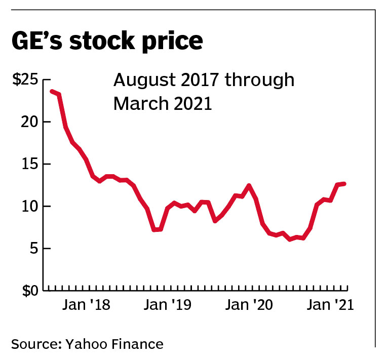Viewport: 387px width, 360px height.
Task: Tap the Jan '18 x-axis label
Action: pyautogui.click(x=88, y=306)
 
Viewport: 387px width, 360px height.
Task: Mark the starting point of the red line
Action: pyautogui.click(x=52, y=91)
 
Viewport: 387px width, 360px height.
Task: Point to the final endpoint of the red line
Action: pyautogui.click(x=345, y=183)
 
